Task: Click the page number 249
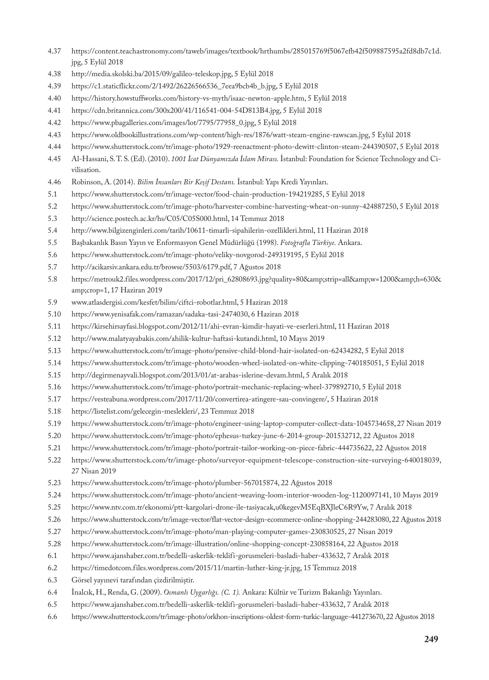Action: click(x=431, y=639)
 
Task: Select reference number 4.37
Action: click(x=54, y=51)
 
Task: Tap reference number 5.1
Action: click(x=52, y=194)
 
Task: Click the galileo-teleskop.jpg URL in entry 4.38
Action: click(x=151, y=74)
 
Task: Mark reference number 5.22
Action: click(x=54, y=460)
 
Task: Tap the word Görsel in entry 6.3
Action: click(x=82, y=580)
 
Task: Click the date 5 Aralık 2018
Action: click(x=327, y=375)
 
